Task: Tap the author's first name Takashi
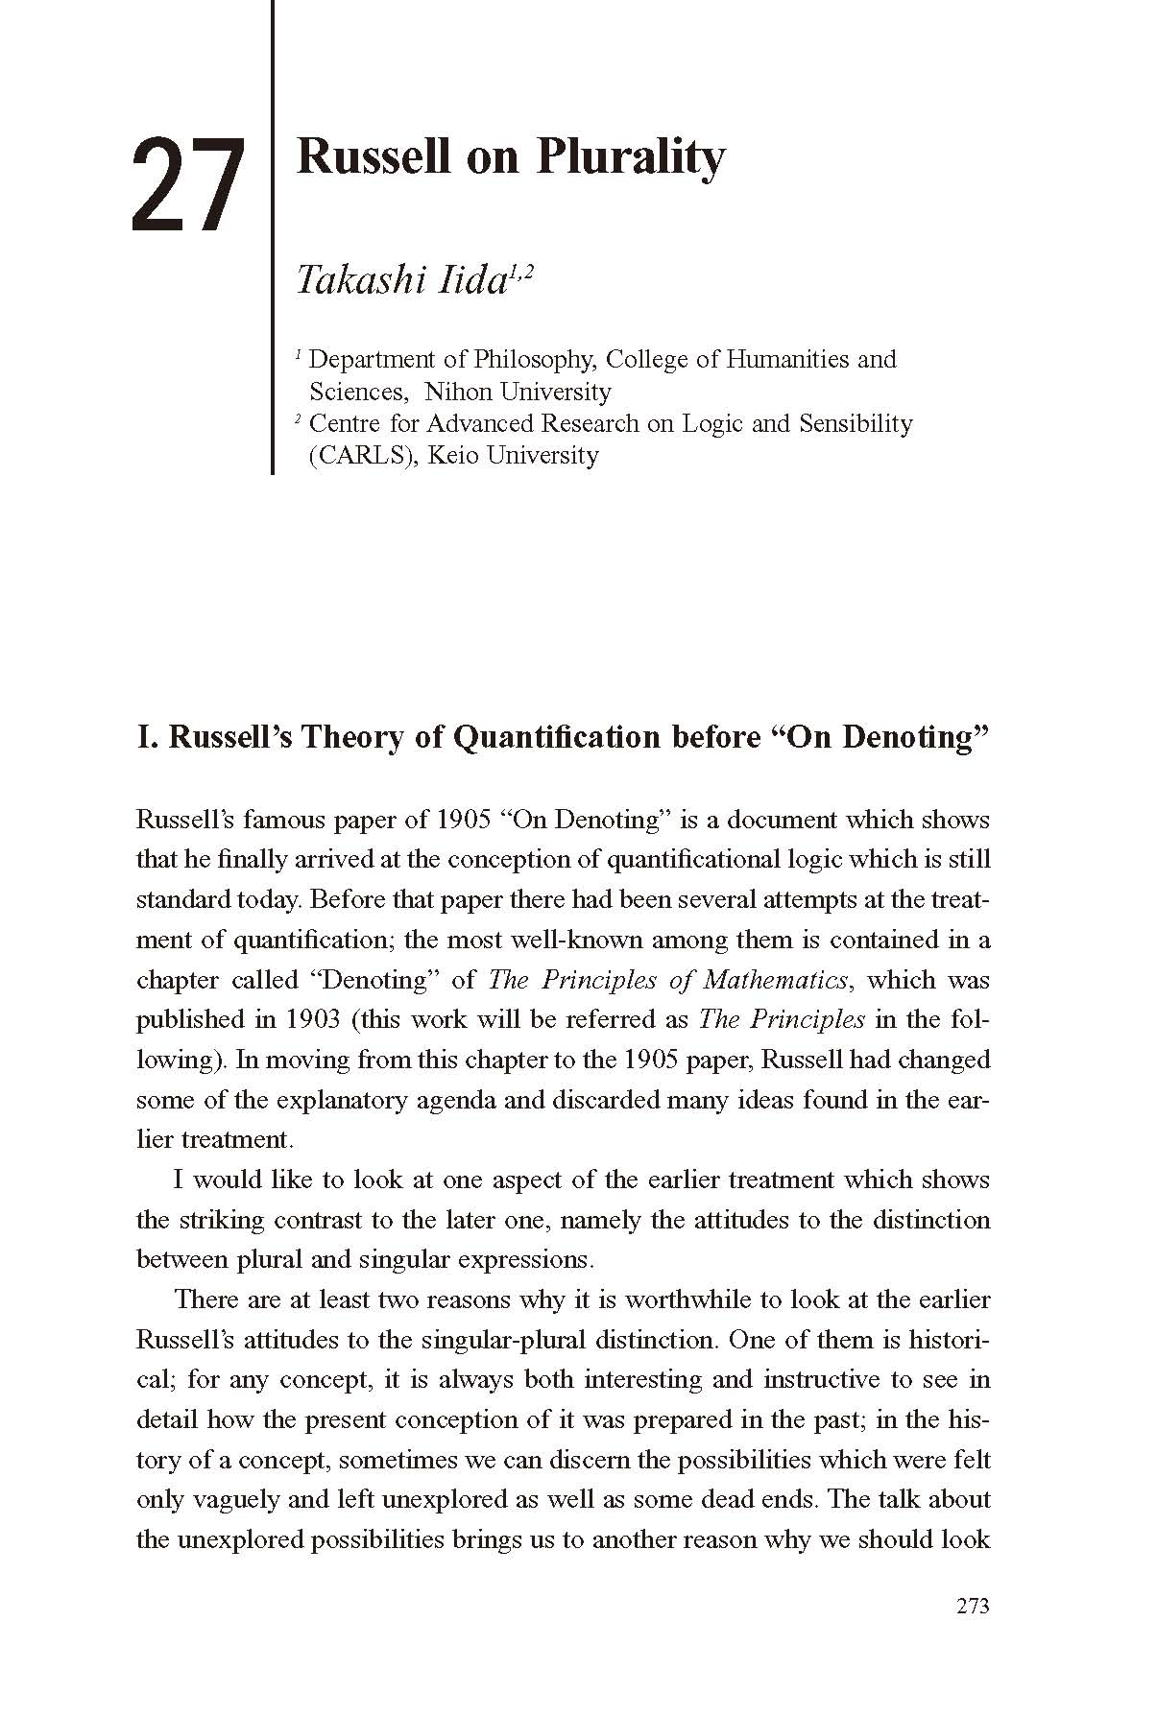(x=348, y=280)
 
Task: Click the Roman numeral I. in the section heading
(x=148, y=738)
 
